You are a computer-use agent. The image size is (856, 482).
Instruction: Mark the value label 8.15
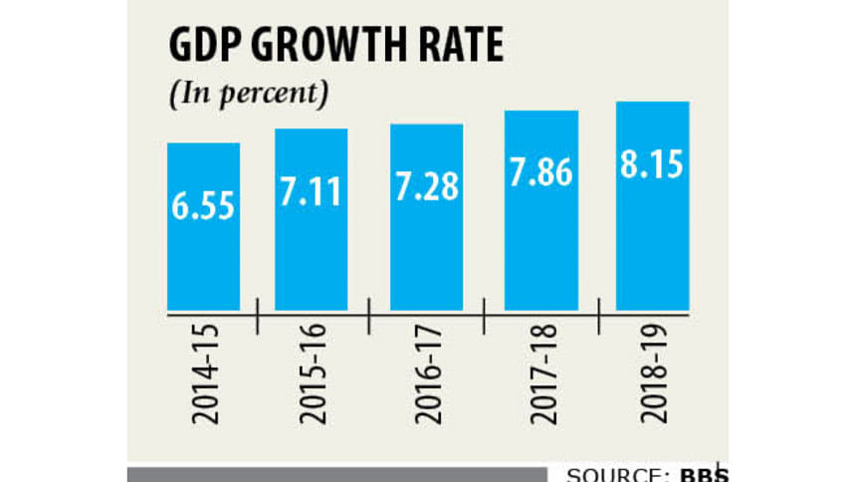(653, 164)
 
